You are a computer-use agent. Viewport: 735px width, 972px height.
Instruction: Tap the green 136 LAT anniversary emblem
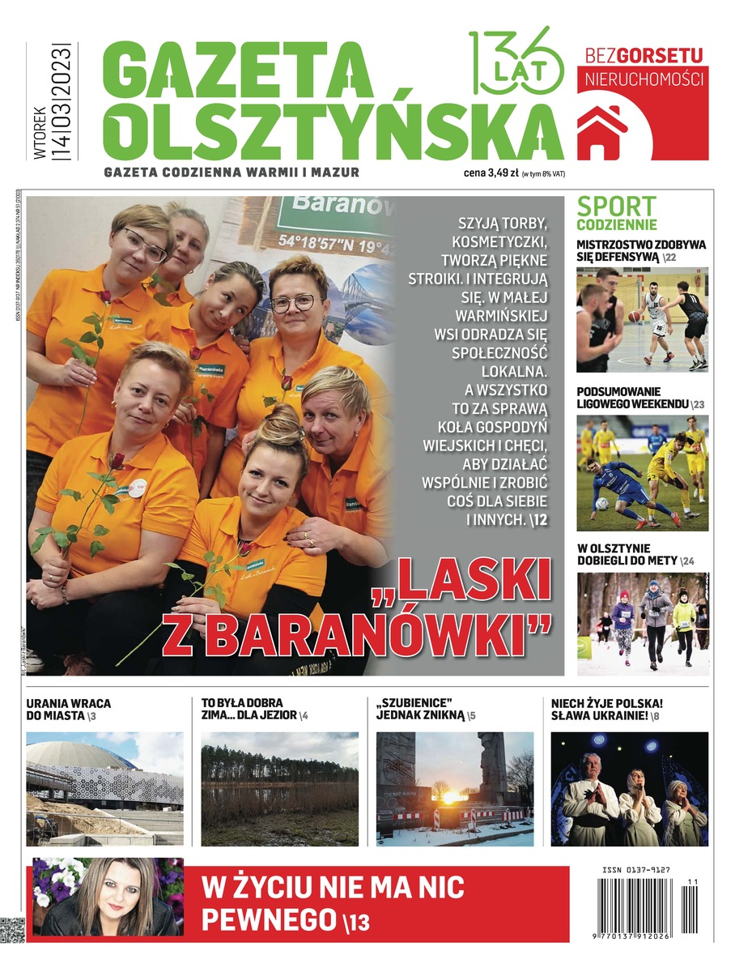click(516, 62)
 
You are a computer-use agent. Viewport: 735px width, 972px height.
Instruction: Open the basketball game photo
click(642, 320)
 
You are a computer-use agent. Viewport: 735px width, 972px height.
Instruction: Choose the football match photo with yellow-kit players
click(642, 473)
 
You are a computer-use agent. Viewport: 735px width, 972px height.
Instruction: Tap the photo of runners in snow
click(642, 624)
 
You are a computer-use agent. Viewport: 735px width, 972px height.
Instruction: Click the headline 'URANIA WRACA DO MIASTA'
click(69, 710)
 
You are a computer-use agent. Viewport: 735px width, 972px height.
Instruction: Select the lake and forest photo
click(279, 788)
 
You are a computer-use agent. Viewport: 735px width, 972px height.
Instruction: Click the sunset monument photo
click(454, 788)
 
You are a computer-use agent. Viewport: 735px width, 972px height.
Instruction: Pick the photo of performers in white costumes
click(629, 788)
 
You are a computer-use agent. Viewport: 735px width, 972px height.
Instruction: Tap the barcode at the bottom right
click(642, 907)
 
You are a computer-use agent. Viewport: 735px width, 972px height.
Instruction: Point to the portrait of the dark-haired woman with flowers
click(108, 897)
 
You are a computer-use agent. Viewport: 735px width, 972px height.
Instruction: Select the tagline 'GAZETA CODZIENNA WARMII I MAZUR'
click(232, 172)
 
